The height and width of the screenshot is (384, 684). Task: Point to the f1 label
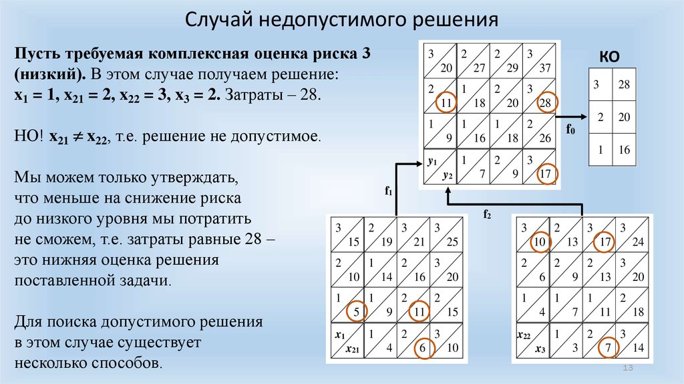point(387,191)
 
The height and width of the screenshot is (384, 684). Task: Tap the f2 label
point(487,214)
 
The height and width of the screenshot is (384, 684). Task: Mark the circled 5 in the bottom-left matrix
point(356,310)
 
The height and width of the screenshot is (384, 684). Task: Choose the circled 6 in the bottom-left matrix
point(423,347)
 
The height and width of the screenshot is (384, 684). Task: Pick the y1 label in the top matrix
point(431,162)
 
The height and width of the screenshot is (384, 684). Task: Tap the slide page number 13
point(627,370)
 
